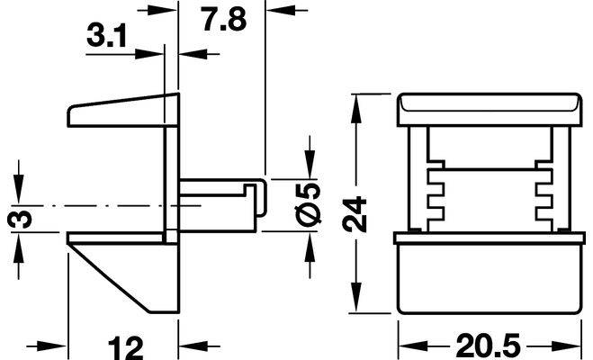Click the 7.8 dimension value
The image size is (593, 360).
point(224,19)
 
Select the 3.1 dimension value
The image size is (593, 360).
point(106,35)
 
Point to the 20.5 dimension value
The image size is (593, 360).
point(489,346)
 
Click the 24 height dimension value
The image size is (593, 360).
point(355,214)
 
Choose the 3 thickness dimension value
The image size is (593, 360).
point(20,220)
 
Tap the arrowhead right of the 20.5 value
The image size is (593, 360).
point(566,346)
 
